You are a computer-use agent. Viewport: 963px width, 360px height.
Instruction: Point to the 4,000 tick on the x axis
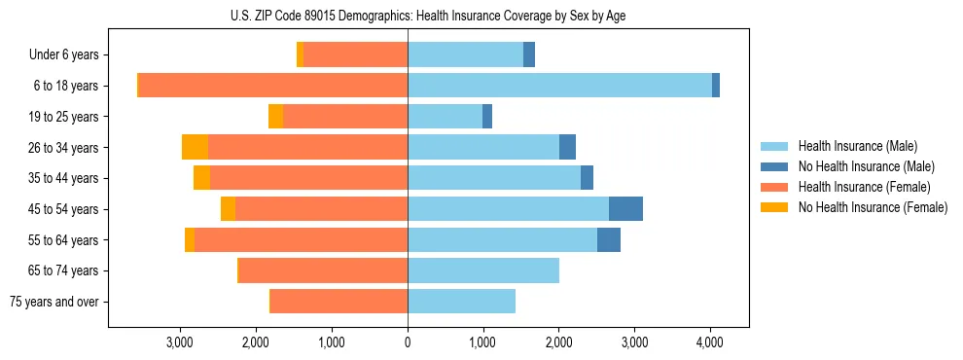click(x=709, y=342)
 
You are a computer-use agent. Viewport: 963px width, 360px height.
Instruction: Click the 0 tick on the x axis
click(x=408, y=342)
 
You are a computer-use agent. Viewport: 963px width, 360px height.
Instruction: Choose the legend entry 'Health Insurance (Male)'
click(x=858, y=146)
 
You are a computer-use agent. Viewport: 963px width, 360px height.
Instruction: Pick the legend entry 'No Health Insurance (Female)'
click(x=873, y=207)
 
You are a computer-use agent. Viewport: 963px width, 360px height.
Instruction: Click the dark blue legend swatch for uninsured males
click(x=774, y=166)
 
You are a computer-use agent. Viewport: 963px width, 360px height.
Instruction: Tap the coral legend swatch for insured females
click(x=774, y=187)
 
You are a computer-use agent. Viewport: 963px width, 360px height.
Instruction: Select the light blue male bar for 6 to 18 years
click(x=559, y=86)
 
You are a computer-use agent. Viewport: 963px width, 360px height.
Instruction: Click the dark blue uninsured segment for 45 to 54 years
click(x=625, y=208)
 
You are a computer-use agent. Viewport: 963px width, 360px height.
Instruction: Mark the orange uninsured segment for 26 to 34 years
click(x=195, y=147)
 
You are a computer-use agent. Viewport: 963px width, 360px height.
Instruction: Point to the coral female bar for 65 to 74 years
click(x=323, y=270)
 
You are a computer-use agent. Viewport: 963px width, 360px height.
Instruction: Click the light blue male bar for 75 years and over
click(x=461, y=302)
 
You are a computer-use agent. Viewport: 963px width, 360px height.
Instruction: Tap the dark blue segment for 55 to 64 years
click(x=609, y=239)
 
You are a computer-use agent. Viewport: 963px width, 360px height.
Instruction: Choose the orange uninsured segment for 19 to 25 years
click(x=276, y=117)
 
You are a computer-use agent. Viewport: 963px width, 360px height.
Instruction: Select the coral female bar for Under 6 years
click(x=355, y=55)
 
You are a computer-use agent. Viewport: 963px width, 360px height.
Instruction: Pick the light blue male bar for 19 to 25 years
click(x=445, y=117)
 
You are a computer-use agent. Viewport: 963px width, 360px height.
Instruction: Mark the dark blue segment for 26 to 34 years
click(x=567, y=147)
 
